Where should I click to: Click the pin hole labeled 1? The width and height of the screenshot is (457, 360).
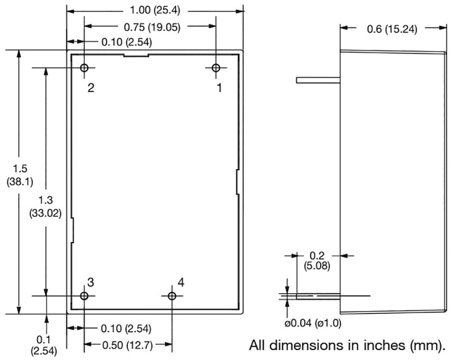coord(216,68)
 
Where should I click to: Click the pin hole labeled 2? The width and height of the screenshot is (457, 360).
coord(84,68)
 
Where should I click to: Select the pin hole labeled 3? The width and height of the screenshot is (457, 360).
coord(84,296)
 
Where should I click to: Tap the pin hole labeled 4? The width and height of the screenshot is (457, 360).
coord(172,296)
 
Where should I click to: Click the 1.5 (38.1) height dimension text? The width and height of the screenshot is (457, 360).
coord(20,175)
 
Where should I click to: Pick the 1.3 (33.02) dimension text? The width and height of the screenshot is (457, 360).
coord(46,207)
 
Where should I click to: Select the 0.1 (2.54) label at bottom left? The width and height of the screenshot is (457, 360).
coord(43,345)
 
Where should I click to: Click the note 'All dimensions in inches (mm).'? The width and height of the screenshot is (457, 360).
coord(347,345)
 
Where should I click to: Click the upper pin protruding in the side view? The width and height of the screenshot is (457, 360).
coord(318,80)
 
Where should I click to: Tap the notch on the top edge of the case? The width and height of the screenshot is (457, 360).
coord(136,55)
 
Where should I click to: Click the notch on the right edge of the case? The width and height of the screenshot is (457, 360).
coord(238,182)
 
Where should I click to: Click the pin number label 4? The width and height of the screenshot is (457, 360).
coord(180,283)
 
